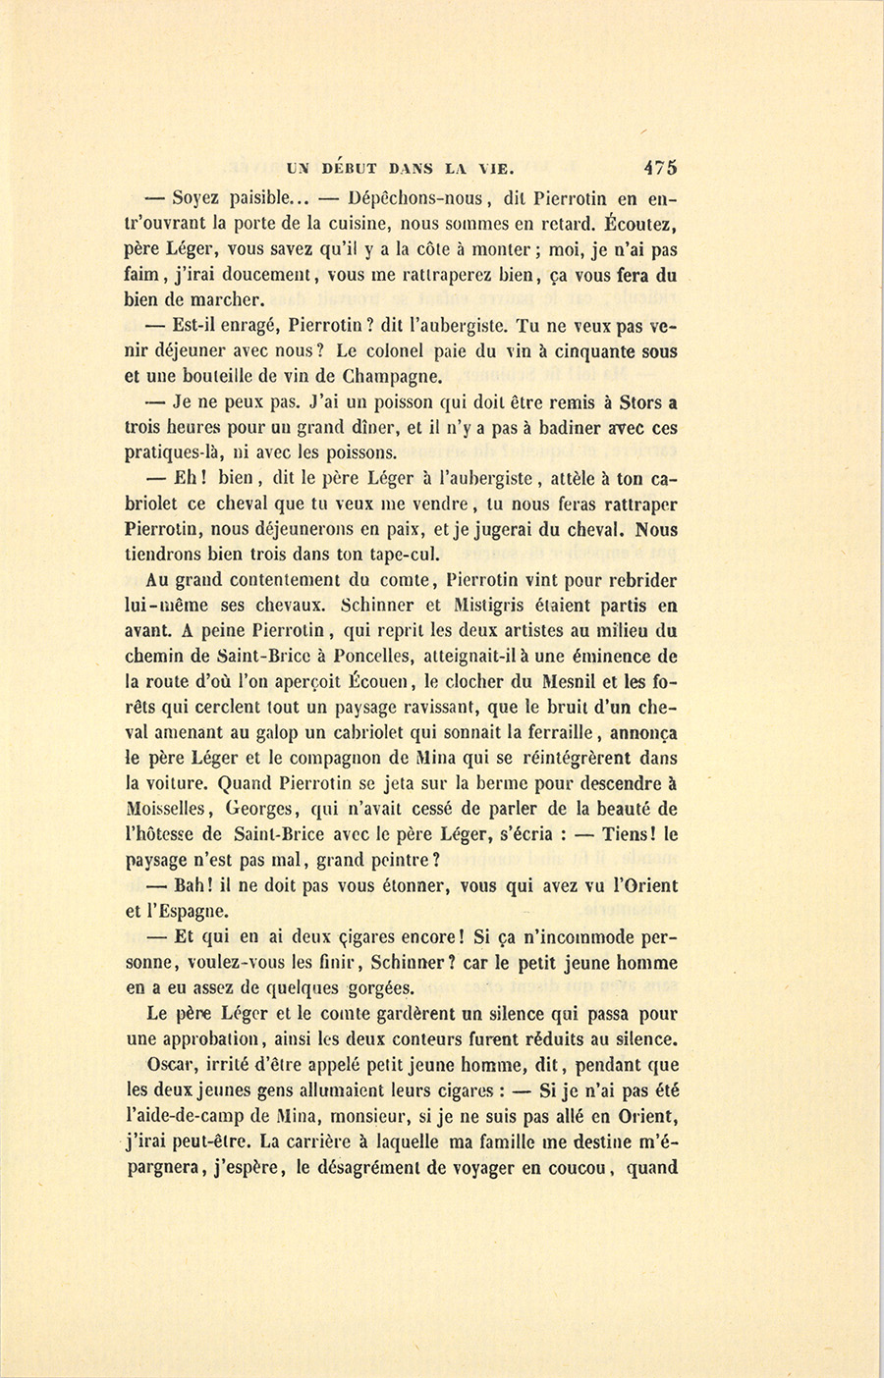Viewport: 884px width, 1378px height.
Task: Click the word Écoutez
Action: [x=638, y=224]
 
